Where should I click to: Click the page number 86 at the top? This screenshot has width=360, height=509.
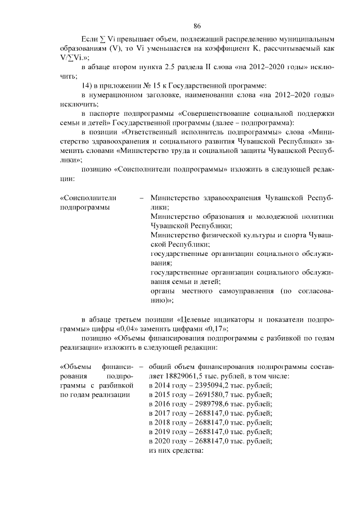coord(197,26)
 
